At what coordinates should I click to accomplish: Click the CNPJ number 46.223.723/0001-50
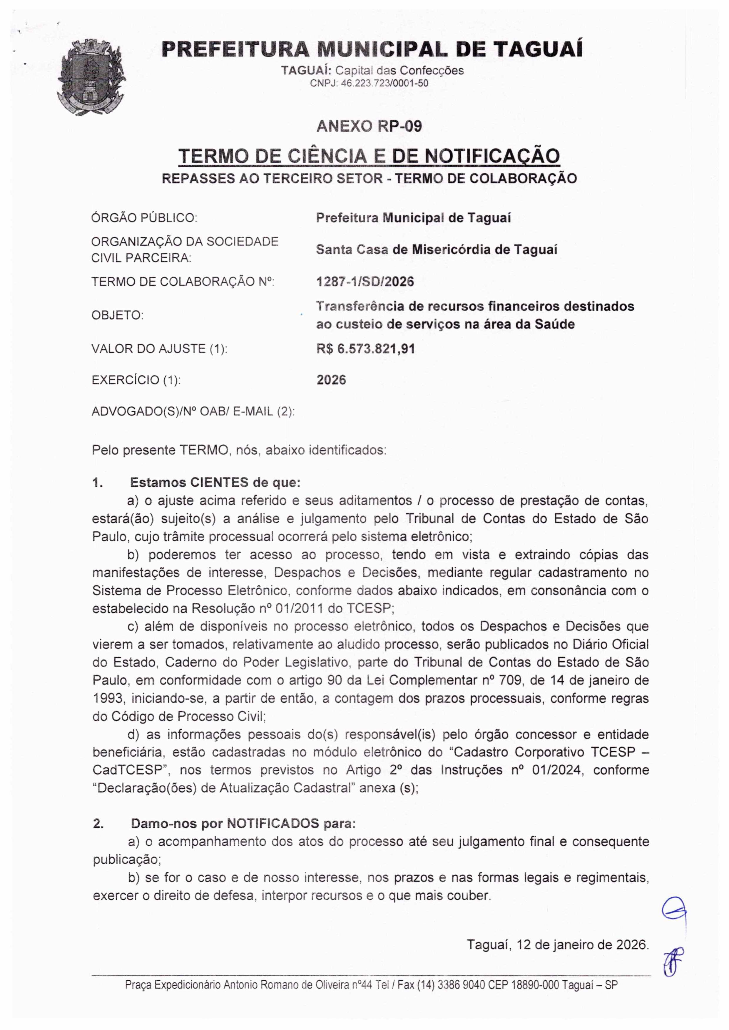coord(369,83)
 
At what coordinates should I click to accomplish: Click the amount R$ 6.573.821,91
coord(365,349)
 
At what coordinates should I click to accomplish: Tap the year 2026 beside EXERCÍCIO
coord(331,380)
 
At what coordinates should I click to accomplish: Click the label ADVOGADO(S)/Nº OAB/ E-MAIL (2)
coord(193,411)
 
